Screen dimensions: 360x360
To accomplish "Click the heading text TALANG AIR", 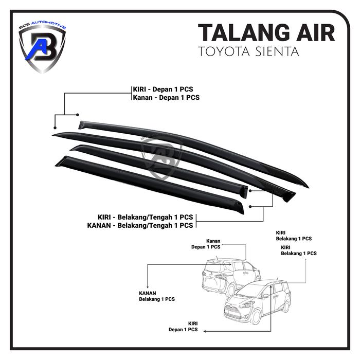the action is click(266, 33).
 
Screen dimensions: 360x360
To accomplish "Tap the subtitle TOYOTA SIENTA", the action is click(248, 51).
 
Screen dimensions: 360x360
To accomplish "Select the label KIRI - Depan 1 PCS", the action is click(163, 89).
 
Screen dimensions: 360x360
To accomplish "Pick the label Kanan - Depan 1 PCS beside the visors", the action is click(166, 98).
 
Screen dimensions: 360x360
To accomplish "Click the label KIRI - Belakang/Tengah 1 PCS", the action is click(146, 217).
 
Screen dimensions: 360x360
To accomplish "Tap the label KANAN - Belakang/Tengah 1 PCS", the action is click(140, 225).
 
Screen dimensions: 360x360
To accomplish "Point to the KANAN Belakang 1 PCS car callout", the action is click(157, 296).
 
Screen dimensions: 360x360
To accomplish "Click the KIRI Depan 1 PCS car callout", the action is click(183, 327).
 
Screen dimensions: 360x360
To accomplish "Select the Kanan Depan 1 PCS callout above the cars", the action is click(206, 244).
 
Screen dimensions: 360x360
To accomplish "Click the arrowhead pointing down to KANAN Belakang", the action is click(148, 286).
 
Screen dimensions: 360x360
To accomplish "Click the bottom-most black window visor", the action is click(150, 185).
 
